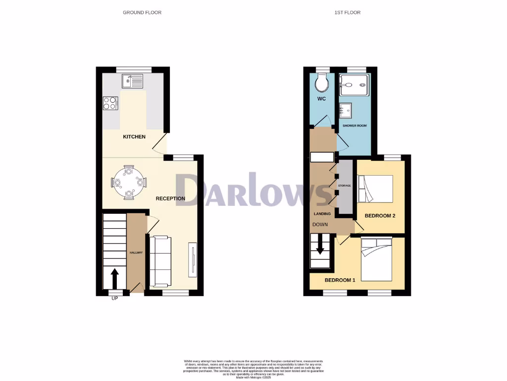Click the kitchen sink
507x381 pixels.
(x=133, y=81)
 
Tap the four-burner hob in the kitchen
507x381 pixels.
(x=110, y=103)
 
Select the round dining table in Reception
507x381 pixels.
(x=129, y=182)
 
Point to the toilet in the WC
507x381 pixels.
(x=322, y=83)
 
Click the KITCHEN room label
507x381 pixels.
(x=134, y=136)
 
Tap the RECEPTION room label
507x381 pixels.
(x=170, y=198)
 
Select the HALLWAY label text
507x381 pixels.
(x=136, y=253)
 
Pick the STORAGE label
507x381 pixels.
(x=344, y=186)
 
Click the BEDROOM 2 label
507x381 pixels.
(x=380, y=216)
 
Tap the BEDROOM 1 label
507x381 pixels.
(x=340, y=280)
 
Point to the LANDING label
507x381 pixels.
(x=322, y=214)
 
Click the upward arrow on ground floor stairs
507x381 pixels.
(x=114, y=278)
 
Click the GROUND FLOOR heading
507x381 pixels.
(x=142, y=12)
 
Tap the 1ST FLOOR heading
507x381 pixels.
(x=347, y=12)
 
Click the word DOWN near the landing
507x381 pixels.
(x=320, y=224)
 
